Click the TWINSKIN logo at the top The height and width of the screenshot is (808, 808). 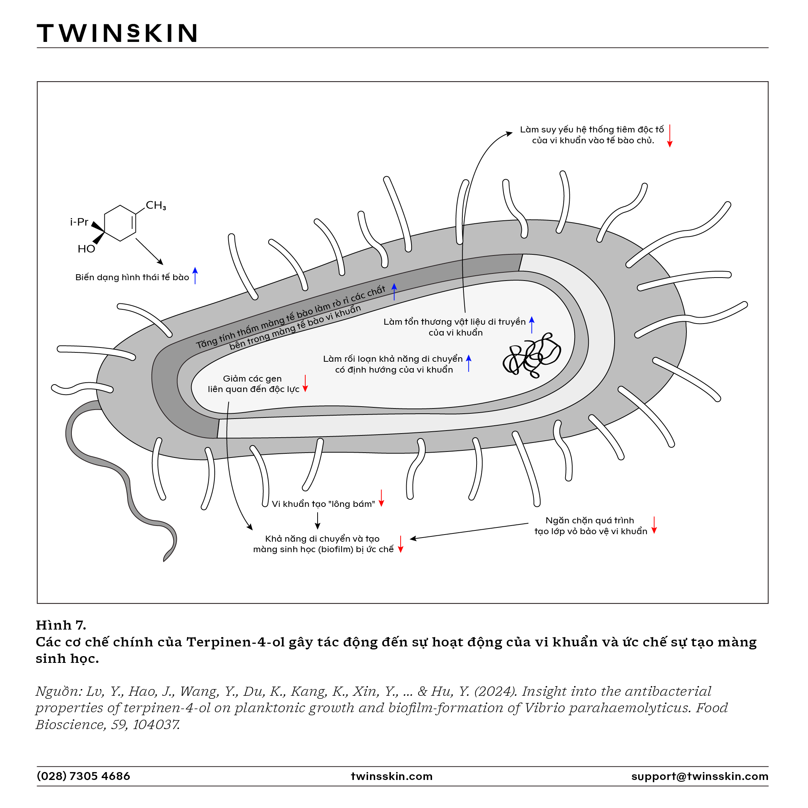pyautogui.click(x=117, y=33)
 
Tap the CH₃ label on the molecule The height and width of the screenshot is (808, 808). pyautogui.click(x=156, y=205)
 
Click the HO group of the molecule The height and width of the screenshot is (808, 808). pyautogui.click(x=86, y=249)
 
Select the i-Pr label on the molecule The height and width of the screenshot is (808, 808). pyautogui.click(x=79, y=222)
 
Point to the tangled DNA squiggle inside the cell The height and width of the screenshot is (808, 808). pyautogui.click(x=531, y=355)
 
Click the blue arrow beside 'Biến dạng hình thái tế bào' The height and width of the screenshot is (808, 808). pyautogui.click(x=195, y=276)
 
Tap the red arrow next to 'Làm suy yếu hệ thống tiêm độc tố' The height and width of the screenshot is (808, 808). pyautogui.click(x=670, y=135)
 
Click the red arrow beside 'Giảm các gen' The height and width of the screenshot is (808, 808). pyautogui.click(x=305, y=383)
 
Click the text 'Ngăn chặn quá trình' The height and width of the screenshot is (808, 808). pyautogui.click(x=590, y=520)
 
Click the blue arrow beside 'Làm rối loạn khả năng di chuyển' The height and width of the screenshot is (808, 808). pyautogui.click(x=469, y=363)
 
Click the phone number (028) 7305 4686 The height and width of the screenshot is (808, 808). pyautogui.click(x=84, y=776)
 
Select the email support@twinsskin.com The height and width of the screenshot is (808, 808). pyautogui.click(x=700, y=777)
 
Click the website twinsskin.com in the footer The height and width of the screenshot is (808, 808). pyautogui.click(x=391, y=776)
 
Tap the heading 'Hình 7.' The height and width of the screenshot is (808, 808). pyautogui.click(x=61, y=625)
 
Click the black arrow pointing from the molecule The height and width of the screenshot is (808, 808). pyautogui.click(x=149, y=252)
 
